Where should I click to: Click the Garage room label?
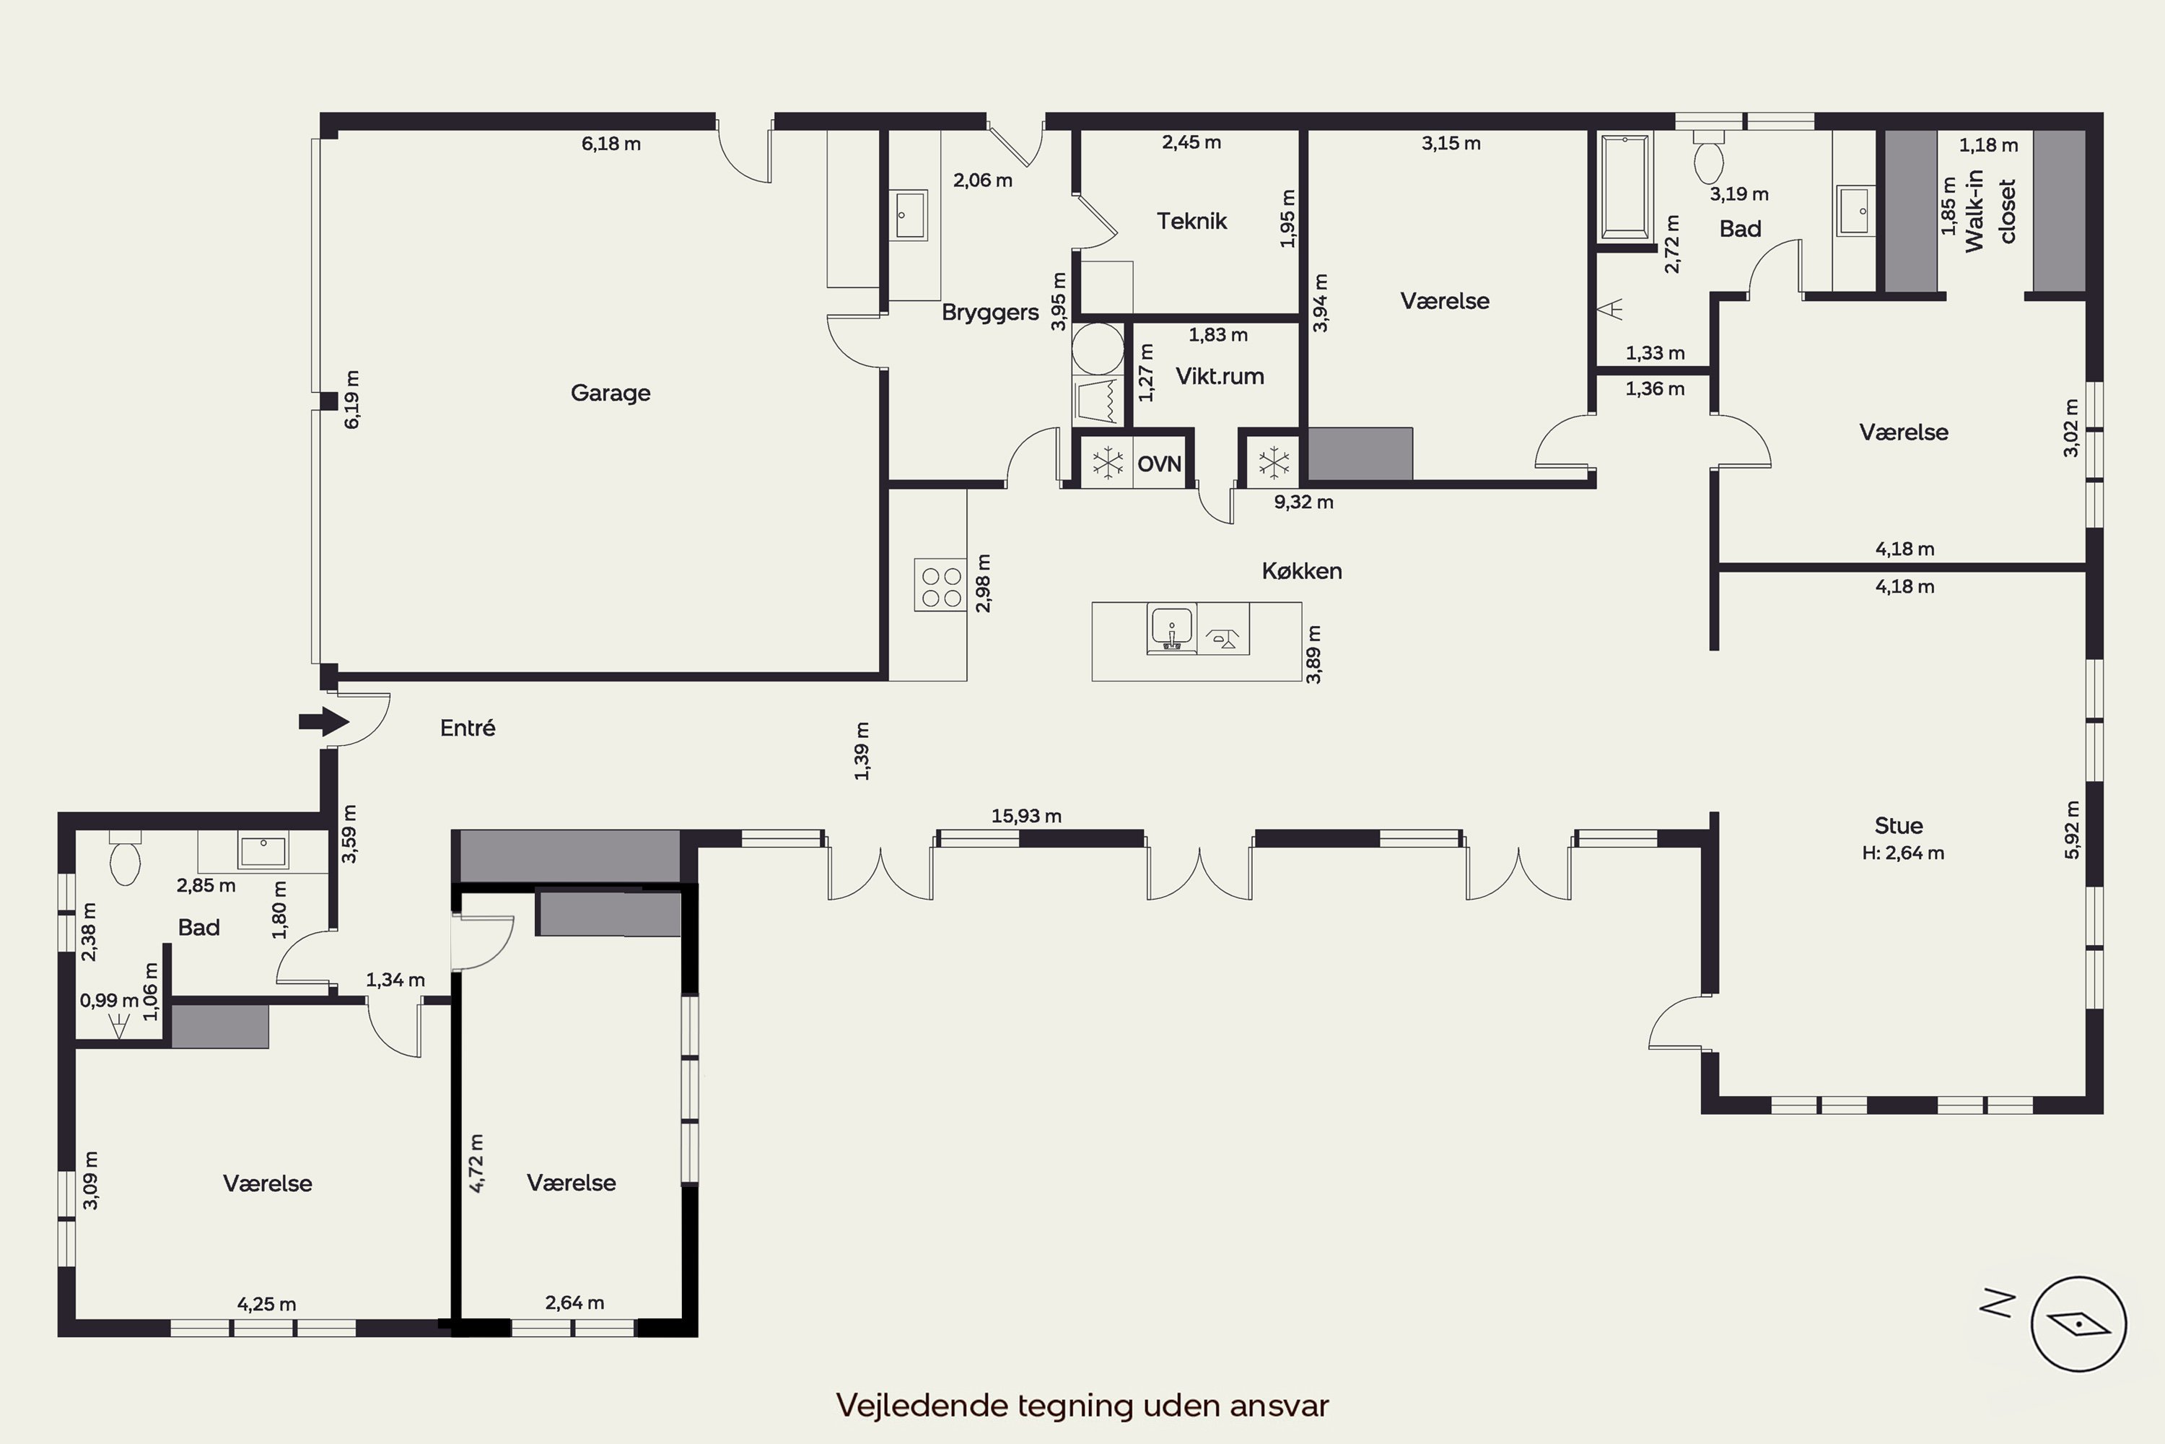[x=611, y=393]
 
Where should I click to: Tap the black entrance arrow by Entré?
[x=323, y=722]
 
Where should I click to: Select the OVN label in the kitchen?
[x=1159, y=464]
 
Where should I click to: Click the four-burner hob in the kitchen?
[x=940, y=585]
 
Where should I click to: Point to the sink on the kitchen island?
[x=1172, y=629]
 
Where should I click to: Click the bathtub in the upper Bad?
[x=1627, y=184]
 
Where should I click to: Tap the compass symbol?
[x=2078, y=1324]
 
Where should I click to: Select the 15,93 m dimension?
[x=1026, y=816]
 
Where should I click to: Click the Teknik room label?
[x=1192, y=221]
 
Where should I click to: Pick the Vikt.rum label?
[x=1220, y=377]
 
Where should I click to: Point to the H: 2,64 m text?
[x=1902, y=853]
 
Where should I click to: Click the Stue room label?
[x=1899, y=826]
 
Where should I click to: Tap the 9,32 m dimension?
[x=1303, y=502]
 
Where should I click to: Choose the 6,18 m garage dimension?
[x=611, y=144]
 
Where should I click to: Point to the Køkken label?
[x=1302, y=571]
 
